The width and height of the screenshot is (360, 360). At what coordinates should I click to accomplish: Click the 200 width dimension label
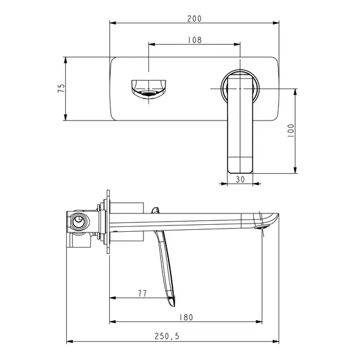[x=195, y=18]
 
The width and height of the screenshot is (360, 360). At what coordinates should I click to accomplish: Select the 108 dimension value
[x=195, y=39]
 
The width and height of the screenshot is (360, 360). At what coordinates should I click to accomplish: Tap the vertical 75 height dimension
[x=61, y=89]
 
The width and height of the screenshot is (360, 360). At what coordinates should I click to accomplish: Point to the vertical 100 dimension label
[x=291, y=131]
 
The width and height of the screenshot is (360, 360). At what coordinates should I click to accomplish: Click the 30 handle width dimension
[x=241, y=179]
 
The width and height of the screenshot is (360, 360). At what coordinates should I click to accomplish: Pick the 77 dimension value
[x=142, y=293]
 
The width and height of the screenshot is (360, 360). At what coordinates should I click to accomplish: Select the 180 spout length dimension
[x=186, y=317]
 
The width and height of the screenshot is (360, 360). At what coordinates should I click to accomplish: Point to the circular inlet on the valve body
[x=79, y=222]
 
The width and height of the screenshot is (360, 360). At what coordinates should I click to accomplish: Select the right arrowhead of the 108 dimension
[x=239, y=44]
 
